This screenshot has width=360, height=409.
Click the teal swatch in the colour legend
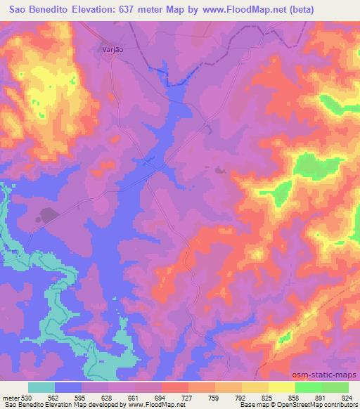(41, 387)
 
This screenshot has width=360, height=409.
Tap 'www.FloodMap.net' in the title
(252, 10)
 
